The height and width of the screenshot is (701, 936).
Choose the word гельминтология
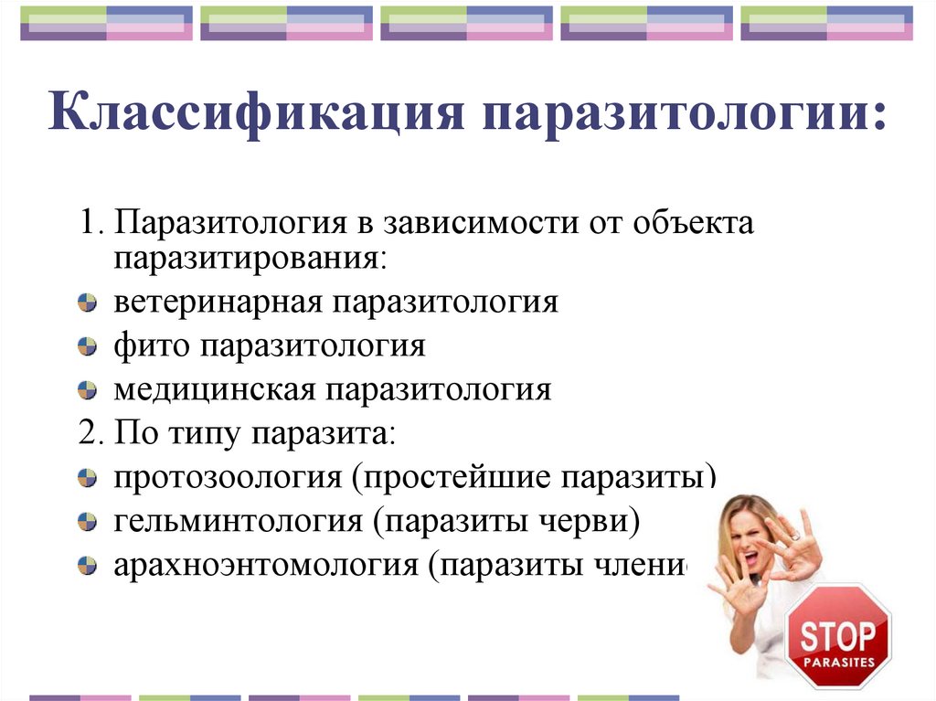237,521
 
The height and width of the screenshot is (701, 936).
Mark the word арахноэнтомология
264,565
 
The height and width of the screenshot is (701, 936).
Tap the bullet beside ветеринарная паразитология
87,303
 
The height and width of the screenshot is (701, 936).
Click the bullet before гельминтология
87,522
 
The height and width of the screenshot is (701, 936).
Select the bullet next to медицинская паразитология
87,391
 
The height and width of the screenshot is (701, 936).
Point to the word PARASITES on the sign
838,661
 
